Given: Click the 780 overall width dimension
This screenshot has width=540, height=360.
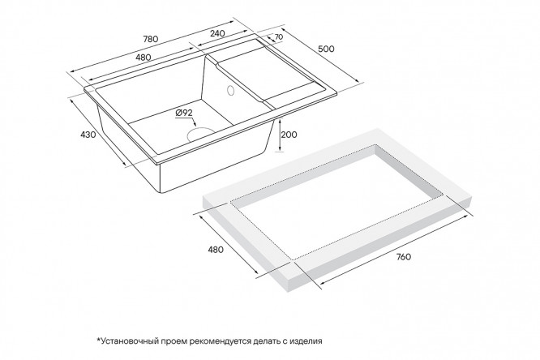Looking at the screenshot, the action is click(x=151, y=39).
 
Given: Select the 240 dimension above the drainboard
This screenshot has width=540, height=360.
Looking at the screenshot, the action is click(x=217, y=33).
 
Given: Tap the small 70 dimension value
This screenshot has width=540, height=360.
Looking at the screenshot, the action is click(x=279, y=36).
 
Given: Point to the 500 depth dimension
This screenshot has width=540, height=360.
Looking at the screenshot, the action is click(x=326, y=49).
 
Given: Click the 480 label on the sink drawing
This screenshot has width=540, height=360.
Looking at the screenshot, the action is click(x=144, y=58).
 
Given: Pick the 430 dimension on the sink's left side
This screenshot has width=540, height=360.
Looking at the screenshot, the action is click(x=88, y=135).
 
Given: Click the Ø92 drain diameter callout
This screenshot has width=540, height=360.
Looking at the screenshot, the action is click(x=184, y=113).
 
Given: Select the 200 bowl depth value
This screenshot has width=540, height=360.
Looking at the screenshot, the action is click(x=289, y=135).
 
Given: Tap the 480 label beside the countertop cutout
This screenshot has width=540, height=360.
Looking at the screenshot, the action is click(x=216, y=250).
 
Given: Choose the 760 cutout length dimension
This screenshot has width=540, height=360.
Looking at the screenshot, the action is click(x=403, y=257).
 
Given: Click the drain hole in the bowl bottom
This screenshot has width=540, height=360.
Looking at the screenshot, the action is click(x=199, y=133).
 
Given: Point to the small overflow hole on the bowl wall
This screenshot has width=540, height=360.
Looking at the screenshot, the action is click(x=230, y=90).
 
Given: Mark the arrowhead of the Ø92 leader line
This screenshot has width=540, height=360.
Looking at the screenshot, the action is click(x=195, y=124).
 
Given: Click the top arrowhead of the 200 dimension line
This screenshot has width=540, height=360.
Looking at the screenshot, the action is click(x=280, y=120).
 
